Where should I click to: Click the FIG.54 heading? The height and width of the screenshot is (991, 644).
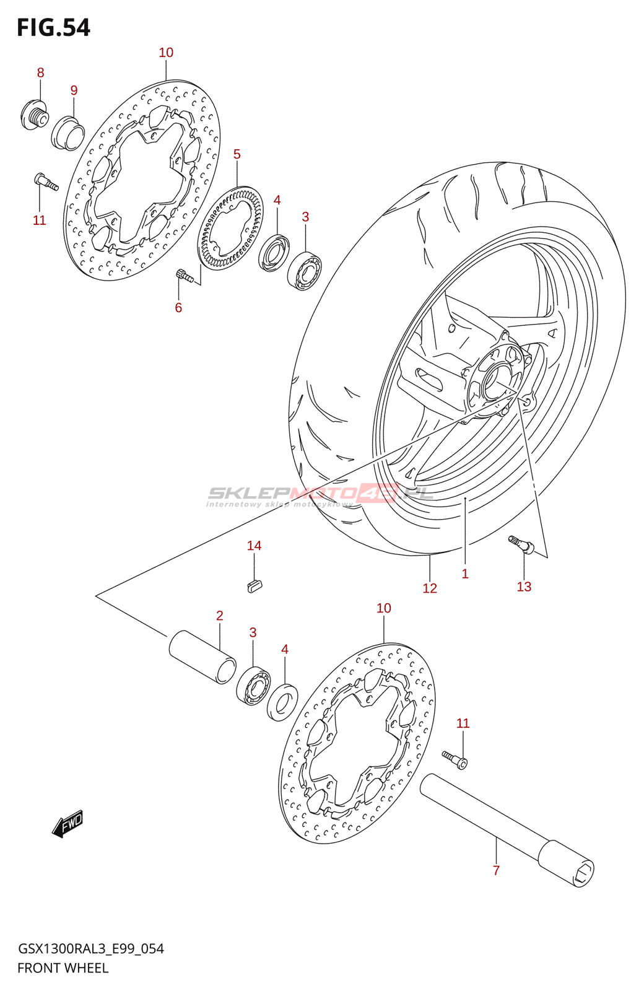pyautogui.click(x=53, y=28)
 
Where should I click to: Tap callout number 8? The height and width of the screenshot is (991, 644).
pyautogui.click(x=41, y=72)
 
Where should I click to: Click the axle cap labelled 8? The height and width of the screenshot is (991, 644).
pyautogui.click(x=34, y=116)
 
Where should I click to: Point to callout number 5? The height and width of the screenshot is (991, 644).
pyautogui.click(x=237, y=154)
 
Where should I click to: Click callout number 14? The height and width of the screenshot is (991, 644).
pyautogui.click(x=254, y=546)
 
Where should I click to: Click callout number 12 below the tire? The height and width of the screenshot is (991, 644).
pyautogui.click(x=430, y=588)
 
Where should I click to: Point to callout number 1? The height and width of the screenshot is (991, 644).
pyautogui.click(x=465, y=574)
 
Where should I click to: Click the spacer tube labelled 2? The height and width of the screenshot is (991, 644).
pyautogui.click(x=202, y=657)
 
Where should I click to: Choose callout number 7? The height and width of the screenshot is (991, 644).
pyautogui.click(x=496, y=870)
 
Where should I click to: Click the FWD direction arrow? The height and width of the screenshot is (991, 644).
pyautogui.click(x=67, y=824)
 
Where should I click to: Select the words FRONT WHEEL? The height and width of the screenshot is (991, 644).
pyautogui.click(x=63, y=968)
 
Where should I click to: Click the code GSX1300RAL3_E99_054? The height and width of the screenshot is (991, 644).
pyautogui.click(x=90, y=948)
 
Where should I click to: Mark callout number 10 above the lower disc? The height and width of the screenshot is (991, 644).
pyautogui.click(x=384, y=608)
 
